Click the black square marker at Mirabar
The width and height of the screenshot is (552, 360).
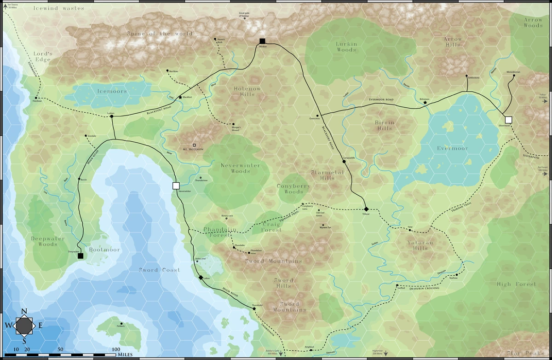[x=262, y=41]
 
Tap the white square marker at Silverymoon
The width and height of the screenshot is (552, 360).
[x=508, y=120]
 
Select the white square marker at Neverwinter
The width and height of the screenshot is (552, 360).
[x=175, y=186]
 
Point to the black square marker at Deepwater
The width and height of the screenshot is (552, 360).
[x=80, y=255]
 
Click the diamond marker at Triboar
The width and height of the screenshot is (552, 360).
[x=366, y=209]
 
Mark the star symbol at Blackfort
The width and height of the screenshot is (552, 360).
[x=180, y=98]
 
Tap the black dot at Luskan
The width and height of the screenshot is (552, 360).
[x=112, y=116]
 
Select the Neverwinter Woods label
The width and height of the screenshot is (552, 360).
[x=240, y=168]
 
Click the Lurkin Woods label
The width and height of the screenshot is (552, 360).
[x=346, y=47]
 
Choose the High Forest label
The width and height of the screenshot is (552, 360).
[x=516, y=284]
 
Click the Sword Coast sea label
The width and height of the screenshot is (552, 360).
[x=157, y=270]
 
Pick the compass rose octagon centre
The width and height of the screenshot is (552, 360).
[x=24, y=326]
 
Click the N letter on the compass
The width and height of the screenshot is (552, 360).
[x=24, y=311]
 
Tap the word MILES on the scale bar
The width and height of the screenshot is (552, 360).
[x=126, y=355]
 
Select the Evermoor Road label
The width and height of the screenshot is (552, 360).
[x=381, y=99]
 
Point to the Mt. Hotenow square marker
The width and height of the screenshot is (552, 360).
[x=194, y=145]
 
